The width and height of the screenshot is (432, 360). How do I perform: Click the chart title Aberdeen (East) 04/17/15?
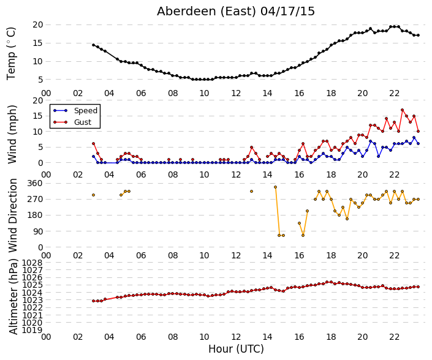235,12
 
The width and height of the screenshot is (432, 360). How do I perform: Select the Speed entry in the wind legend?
86,110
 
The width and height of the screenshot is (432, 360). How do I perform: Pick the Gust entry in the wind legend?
83,122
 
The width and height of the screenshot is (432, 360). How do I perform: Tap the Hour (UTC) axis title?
236,349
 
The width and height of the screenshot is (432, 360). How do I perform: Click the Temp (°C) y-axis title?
11,54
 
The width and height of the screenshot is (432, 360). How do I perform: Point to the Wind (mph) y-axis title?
12,135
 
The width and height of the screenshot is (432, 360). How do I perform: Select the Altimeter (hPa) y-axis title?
13,297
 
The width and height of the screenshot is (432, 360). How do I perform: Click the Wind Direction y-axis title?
13,216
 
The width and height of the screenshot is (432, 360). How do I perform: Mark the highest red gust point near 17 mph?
402,110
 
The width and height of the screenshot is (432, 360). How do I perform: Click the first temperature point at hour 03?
93,45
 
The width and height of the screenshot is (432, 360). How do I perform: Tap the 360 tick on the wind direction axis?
36,183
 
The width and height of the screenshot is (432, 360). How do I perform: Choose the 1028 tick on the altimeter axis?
32,263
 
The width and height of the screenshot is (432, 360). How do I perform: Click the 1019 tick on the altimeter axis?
32,330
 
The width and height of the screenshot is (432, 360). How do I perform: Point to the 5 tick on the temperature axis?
40,80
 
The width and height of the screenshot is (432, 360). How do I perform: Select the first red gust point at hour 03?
93,144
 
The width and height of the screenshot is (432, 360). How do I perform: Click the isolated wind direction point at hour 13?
252,191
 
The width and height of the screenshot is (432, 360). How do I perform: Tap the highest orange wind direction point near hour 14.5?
275,187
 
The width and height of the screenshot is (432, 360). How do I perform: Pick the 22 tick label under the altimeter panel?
394,337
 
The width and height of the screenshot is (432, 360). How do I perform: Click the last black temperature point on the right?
419,36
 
